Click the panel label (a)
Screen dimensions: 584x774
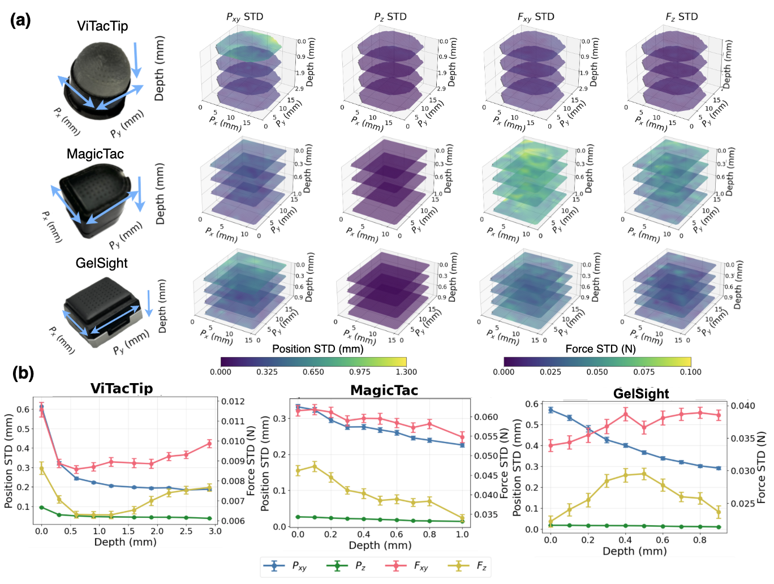(20, 20)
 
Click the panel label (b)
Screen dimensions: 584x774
(23, 373)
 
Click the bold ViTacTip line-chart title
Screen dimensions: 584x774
(122, 388)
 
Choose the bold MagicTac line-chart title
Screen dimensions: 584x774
(384, 390)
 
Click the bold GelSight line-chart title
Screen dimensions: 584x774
(641, 394)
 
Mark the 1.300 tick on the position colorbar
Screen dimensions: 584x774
(406, 372)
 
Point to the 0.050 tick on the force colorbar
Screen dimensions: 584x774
(597, 372)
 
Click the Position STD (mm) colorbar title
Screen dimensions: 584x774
(317, 349)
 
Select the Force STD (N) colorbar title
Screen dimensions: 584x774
(600, 349)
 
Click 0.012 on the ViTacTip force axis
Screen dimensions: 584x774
(233, 401)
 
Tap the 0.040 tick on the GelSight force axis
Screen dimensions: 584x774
(743, 405)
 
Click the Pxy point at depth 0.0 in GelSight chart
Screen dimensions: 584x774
(551, 410)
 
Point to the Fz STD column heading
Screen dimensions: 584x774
(681, 17)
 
